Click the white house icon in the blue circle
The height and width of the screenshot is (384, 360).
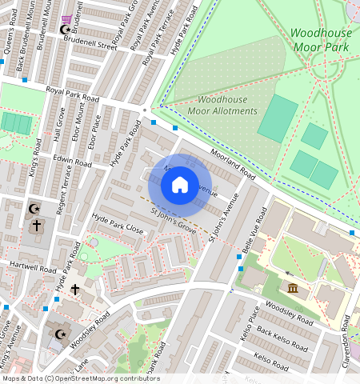[180, 185]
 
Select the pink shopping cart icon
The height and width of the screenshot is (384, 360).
[66, 18]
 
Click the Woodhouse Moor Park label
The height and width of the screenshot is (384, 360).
[320, 40]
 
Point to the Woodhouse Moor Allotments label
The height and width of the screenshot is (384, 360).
[216, 105]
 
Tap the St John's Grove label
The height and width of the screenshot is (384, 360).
[174, 221]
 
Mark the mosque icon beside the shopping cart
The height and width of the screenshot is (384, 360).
[66, 30]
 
